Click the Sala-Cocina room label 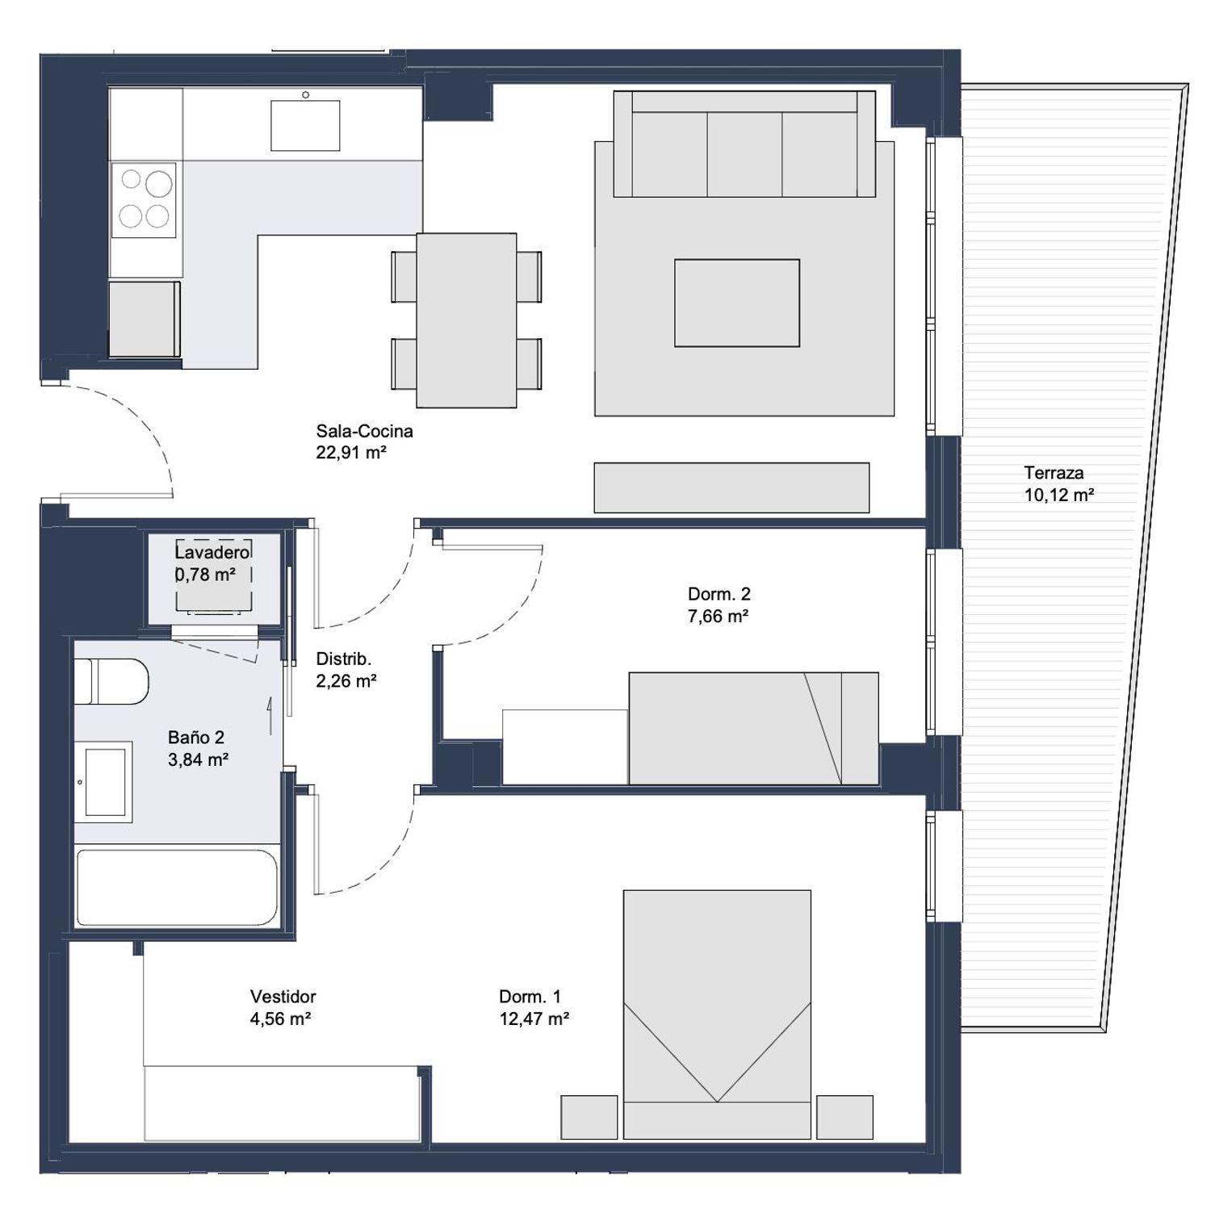point(364,431)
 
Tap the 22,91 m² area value point(351,453)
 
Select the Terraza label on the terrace point(1054,473)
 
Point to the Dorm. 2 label point(719,594)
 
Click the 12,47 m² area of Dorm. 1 point(534,1019)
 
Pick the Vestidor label point(283,997)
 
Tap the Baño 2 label point(196,737)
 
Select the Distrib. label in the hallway point(343,659)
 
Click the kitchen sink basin point(305,125)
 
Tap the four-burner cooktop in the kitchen point(144,200)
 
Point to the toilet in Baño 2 point(111,681)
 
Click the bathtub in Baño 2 point(177,887)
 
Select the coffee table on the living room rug point(737,303)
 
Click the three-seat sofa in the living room point(744,144)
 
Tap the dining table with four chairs point(467,320)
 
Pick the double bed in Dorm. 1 point(717,1014)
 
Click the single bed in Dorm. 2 point(753,728)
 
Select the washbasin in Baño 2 point(104,782)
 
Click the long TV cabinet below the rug point(731,487)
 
